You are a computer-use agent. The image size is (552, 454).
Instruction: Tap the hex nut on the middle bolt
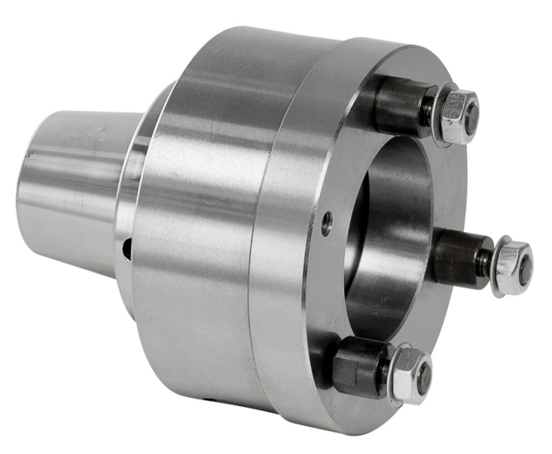tap(514, 265)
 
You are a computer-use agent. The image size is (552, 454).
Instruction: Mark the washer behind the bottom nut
tap(390, 372)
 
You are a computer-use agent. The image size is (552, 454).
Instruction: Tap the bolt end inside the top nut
tap(469, 116)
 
